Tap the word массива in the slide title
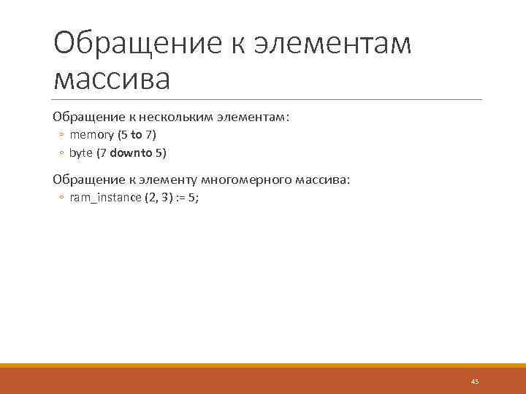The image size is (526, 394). [x=112, y=78]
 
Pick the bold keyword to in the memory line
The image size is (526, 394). [x=136, y=135]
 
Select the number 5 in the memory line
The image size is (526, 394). [x=122, y=135]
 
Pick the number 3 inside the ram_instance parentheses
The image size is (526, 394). [x=165, y=198]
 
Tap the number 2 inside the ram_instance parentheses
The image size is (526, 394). [x=153, y=198]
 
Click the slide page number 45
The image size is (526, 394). [x=475, y=382]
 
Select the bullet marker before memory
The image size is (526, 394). [x=62, y=136]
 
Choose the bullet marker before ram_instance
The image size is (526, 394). [x=62, y=198]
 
